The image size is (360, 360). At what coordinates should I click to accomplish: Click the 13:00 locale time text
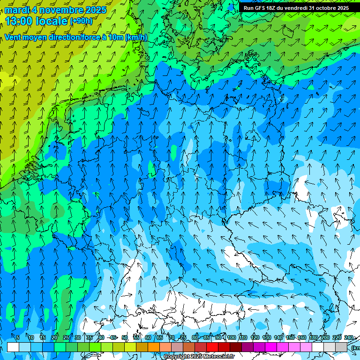coord(36,21)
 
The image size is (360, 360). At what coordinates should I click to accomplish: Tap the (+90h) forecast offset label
coord(81,21)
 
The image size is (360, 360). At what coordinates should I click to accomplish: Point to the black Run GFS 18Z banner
coord(296,8)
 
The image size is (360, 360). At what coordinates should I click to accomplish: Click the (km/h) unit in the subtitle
coord(136,37)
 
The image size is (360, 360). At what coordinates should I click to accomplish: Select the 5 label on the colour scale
coord(18,338)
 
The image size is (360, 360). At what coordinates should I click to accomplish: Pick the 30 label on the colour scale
coord(77,338)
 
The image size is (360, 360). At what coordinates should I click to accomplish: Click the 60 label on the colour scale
coord(148,338)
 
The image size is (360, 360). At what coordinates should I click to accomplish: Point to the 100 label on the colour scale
coord(231,338)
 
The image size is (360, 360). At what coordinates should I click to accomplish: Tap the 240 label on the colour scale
coord(349,338)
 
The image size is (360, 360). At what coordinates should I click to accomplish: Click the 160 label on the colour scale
coord(302,338)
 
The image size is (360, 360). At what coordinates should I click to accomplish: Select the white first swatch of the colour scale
coord(13,347)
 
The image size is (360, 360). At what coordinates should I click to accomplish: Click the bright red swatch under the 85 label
coord(212,347)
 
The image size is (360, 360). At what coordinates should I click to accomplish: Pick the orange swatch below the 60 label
coord(154,347)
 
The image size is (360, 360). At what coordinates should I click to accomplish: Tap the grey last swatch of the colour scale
coord(341,347)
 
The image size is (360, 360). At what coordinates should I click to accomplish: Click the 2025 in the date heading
coord(96,10)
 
